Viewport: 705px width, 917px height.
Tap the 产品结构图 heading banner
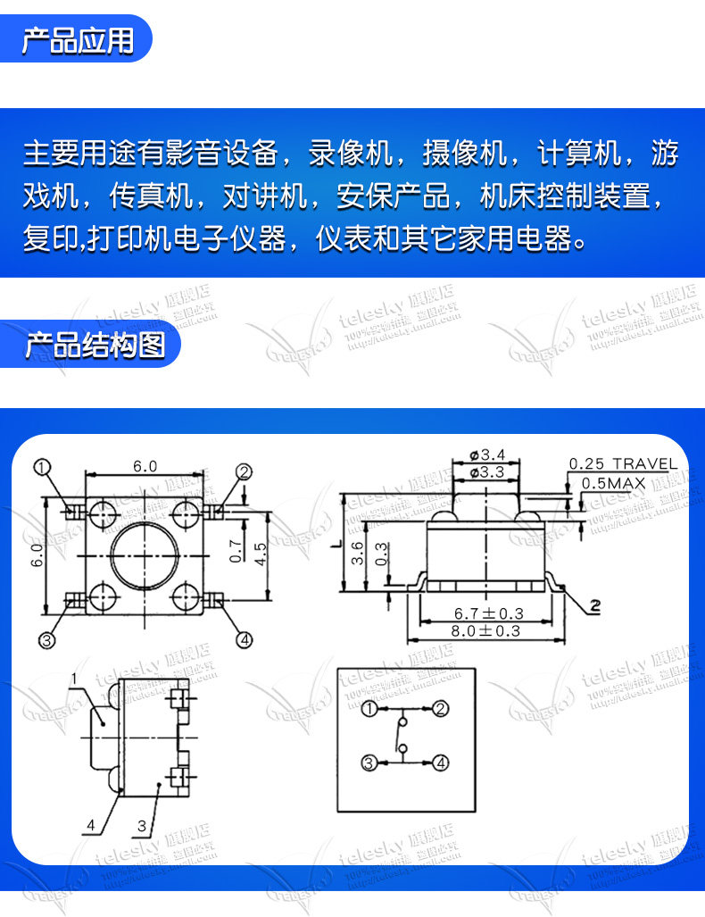coord(95,345)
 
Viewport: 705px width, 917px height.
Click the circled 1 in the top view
coord(43,467)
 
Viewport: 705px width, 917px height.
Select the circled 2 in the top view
coord(245,472)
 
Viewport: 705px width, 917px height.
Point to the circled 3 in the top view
coord(46,639)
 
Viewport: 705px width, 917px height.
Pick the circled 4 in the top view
coord(245,639)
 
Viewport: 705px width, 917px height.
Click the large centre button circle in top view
coord(145,554)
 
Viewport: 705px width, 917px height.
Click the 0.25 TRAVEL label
coord(623,463)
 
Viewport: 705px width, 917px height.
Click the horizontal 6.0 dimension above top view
coord(145,466)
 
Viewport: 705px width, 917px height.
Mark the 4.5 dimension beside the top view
coord(260,554)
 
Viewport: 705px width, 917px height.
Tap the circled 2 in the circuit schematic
coord(439,710)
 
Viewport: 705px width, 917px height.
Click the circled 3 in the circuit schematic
coord(369,763)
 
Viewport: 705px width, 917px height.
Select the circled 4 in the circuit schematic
coord(439,763)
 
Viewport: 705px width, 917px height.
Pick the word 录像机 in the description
coord(350,153)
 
